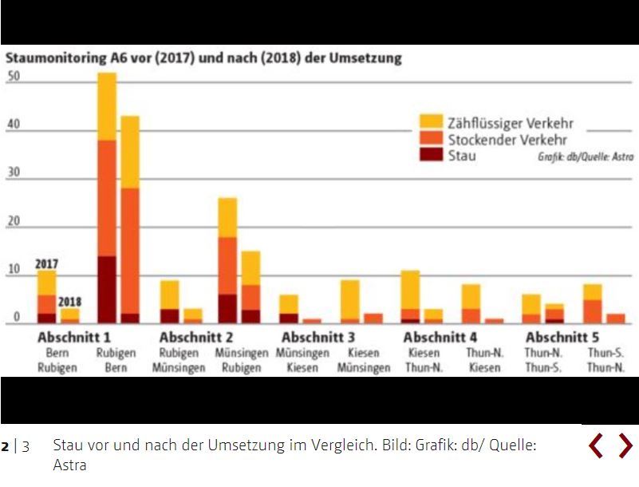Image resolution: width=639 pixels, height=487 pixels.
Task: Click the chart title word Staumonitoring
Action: pos(57,58)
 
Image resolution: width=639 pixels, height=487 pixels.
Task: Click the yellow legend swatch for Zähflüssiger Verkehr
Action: pos(432,121)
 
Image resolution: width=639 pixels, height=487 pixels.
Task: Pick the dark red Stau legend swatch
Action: pos(432,154)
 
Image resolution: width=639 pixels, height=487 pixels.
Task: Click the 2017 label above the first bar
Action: pos(47,263)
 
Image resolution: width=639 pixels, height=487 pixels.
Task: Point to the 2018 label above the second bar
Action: pos(70,303)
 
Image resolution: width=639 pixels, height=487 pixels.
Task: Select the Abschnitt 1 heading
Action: pos(74,338)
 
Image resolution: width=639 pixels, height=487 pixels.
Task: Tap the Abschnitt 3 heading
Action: pos(318,338)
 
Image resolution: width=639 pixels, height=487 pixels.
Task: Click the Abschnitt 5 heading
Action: pos(562,338)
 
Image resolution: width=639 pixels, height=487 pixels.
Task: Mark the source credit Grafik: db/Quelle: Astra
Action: pos(586,157)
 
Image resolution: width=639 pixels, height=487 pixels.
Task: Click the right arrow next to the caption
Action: pos(625,445)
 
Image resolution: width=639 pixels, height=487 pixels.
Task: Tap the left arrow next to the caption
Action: pos(595,445)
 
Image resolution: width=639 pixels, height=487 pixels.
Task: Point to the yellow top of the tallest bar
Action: pos(107,106)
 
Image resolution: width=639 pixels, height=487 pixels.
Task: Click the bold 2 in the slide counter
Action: pos(6,445)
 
